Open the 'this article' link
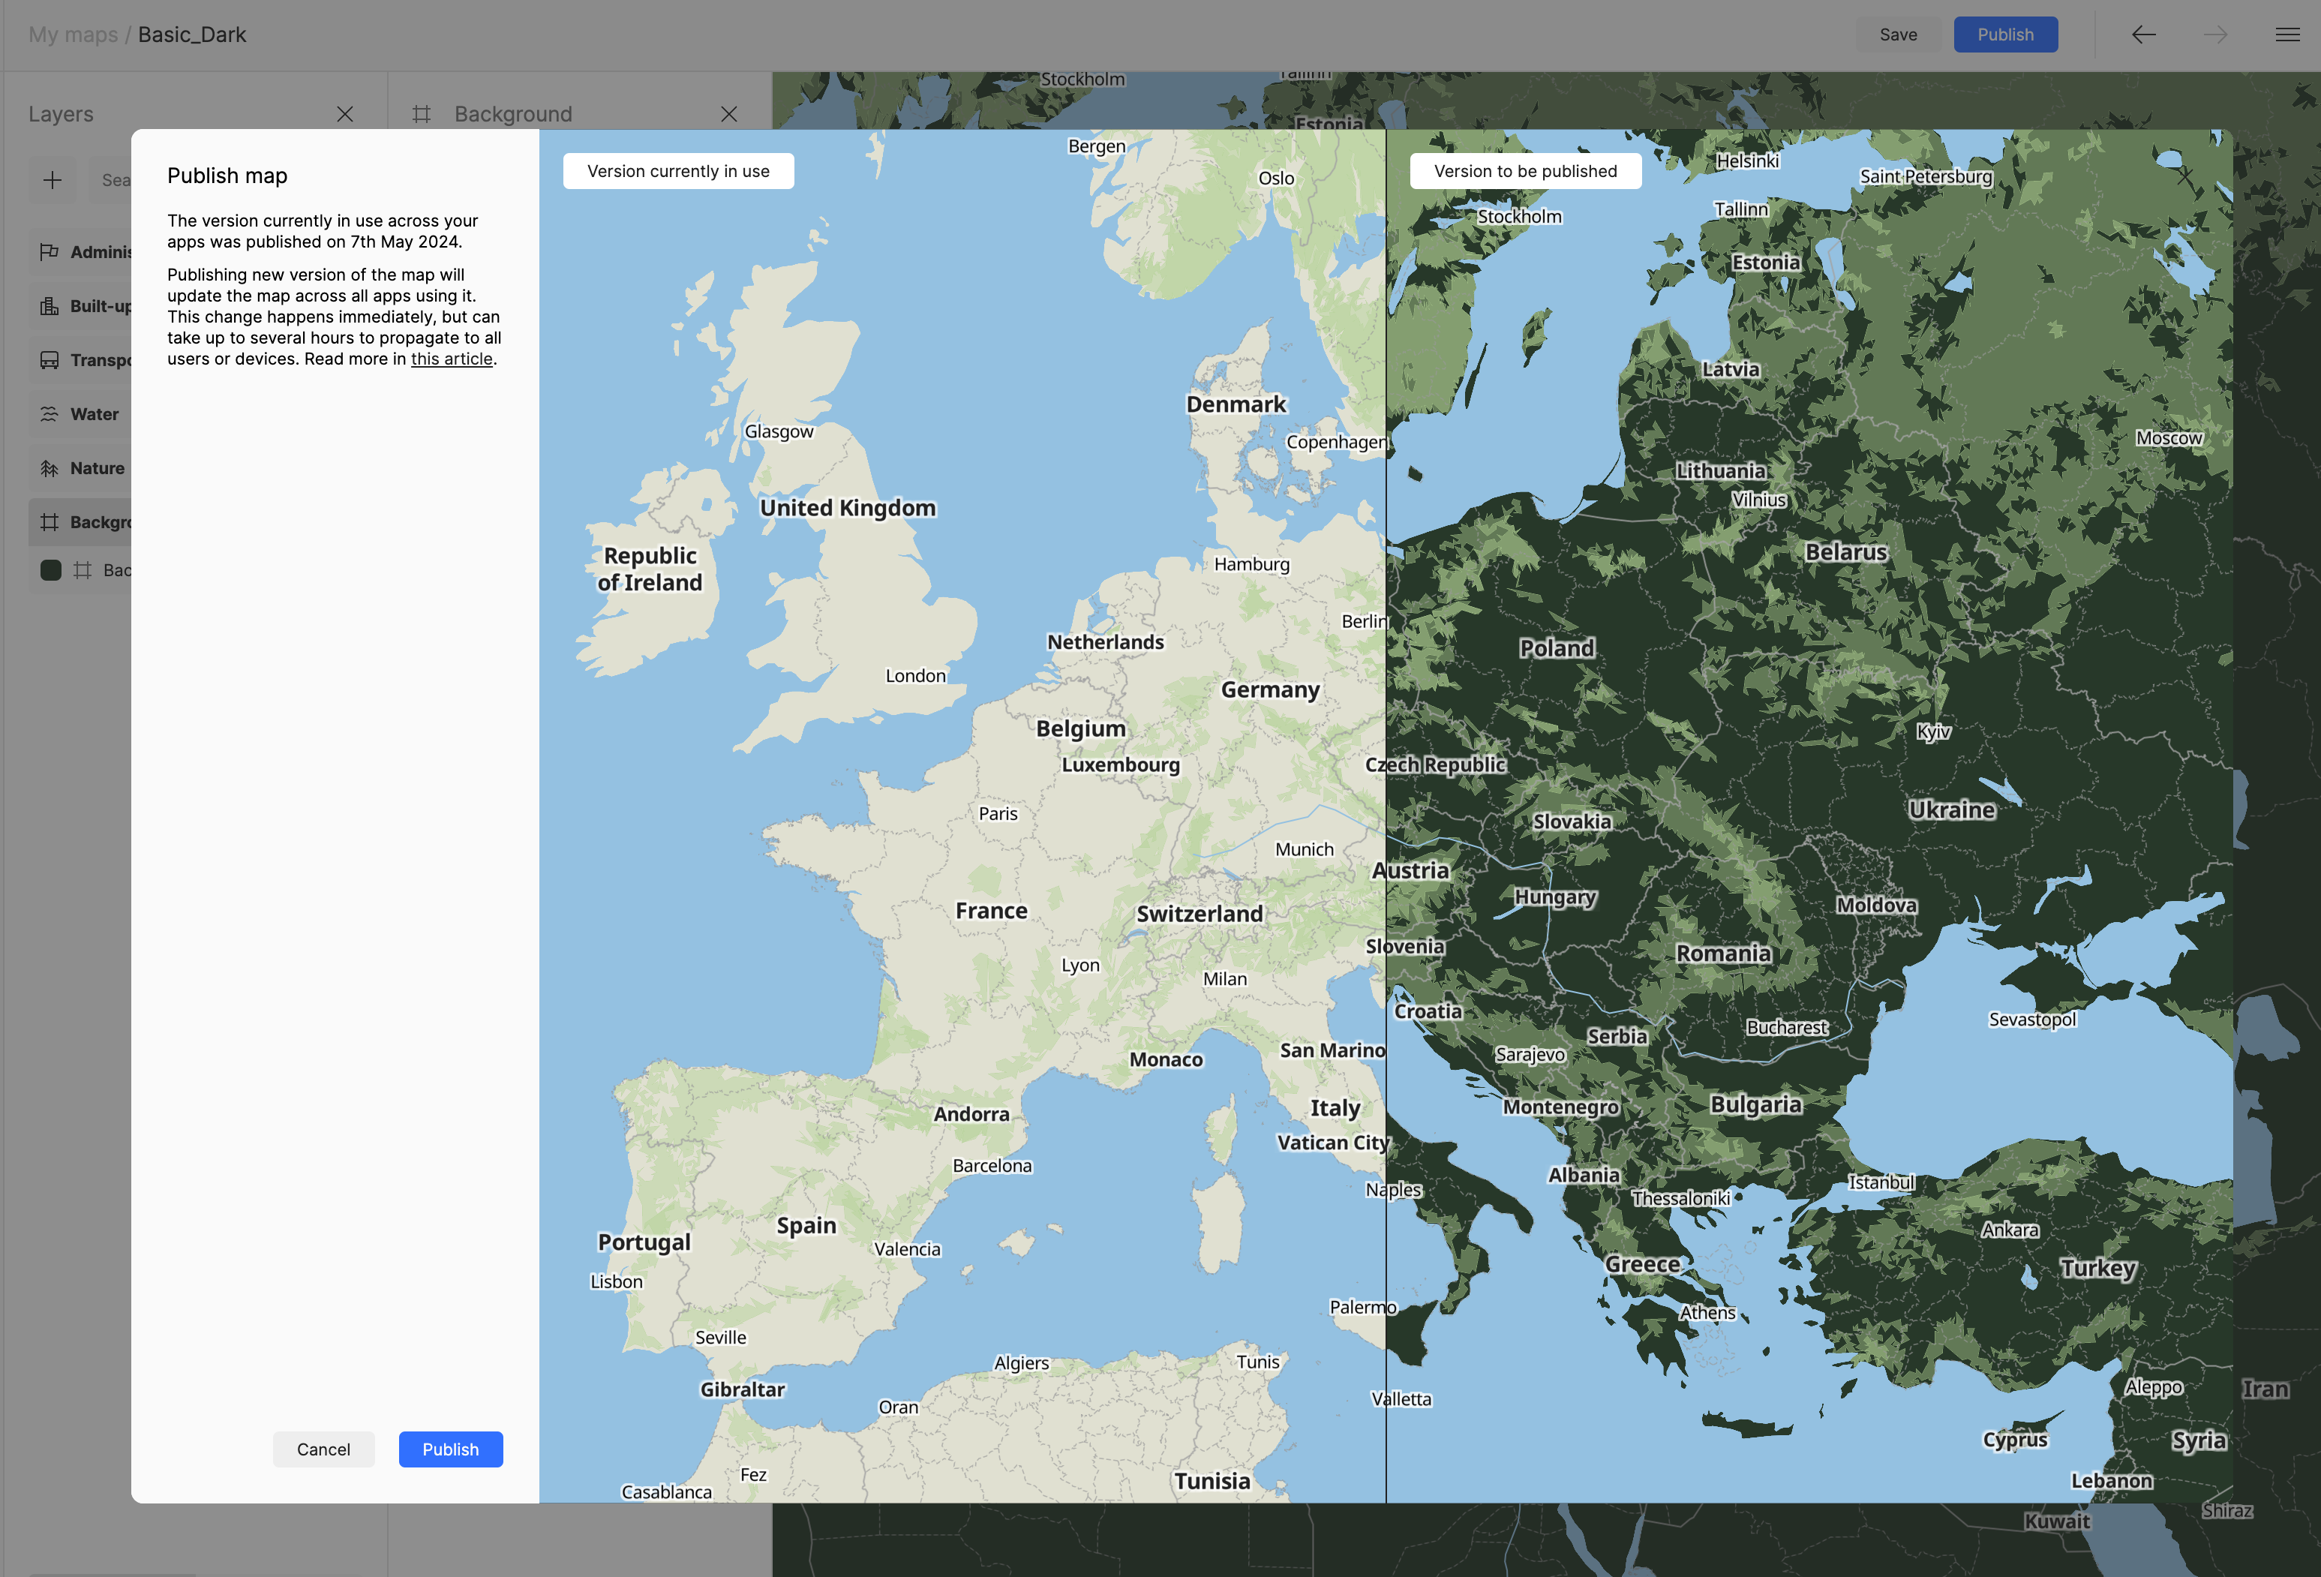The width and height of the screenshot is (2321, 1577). (x=452, y=359)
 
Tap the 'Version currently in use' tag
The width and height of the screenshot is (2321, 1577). (x=678, y=171)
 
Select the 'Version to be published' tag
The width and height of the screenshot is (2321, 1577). (x=1525, y=171)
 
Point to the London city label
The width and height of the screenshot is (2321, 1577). (x=914, y=675)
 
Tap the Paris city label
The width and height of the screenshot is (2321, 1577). (x=998, y=813)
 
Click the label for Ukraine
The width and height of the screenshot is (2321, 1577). (x=1951, y=810)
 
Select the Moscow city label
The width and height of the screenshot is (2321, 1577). (x=2168, y=437)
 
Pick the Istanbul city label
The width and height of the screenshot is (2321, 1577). (x=1881, y=1182)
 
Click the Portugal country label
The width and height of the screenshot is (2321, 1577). (x=644, y=1242)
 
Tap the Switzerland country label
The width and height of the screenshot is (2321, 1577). (x=1200, y=913)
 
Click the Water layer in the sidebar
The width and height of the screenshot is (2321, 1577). (x=94, y=413)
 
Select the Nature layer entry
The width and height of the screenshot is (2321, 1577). (x=96, y=467)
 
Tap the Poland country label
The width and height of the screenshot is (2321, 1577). (x=1556, y=648)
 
